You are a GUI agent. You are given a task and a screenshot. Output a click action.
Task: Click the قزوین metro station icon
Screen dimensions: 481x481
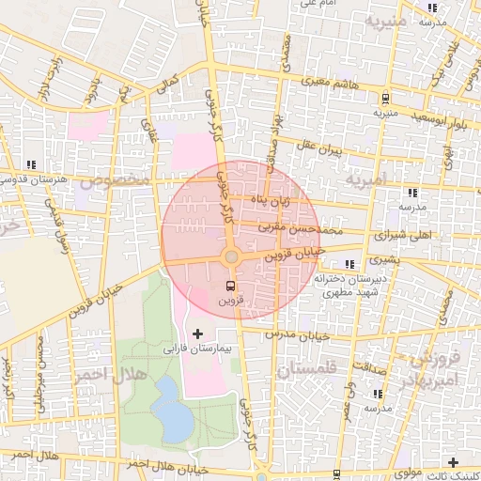(231, 287)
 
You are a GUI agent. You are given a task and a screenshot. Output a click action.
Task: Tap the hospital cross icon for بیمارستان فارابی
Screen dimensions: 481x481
(197, 334)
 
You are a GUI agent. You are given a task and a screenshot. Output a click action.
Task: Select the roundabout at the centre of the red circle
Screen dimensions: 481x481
(231, 256)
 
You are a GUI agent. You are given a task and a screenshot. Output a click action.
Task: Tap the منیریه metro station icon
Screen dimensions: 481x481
(385, 98)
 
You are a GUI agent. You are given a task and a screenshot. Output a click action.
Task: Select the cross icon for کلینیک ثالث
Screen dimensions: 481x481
(454, 462)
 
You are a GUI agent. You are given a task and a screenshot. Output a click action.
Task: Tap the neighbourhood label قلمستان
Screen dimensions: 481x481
(306, 371)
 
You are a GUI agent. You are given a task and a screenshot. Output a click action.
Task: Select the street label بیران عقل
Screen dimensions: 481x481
(322, 149)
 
